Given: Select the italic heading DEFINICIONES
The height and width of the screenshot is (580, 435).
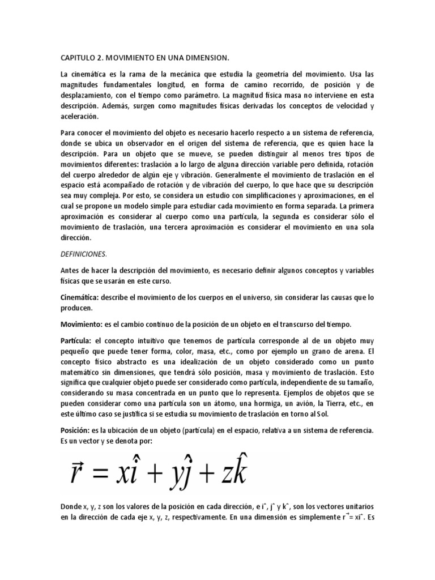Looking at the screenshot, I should point(83,254).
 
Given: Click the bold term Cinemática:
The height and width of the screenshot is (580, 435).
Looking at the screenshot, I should point(80,297).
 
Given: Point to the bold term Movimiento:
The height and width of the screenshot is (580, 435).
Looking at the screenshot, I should point(80,324).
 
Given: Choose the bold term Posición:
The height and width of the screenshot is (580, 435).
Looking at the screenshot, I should point(76,431).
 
